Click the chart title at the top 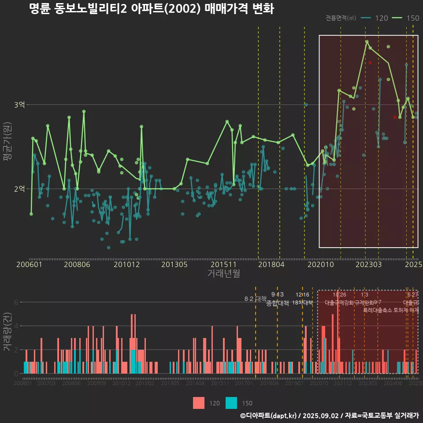[151, 9]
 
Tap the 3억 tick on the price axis [19, 105]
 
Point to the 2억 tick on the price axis [19, 189]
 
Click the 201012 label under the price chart [126, 265]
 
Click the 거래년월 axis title [223, 274]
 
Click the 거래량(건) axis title [7, 332]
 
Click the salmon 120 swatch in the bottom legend [199, 403]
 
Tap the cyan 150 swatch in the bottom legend [231, 403]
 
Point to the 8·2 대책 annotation [255, 299]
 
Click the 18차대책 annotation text [302, 303]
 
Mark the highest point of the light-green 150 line [367, 41]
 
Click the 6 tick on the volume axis [16, 302]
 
